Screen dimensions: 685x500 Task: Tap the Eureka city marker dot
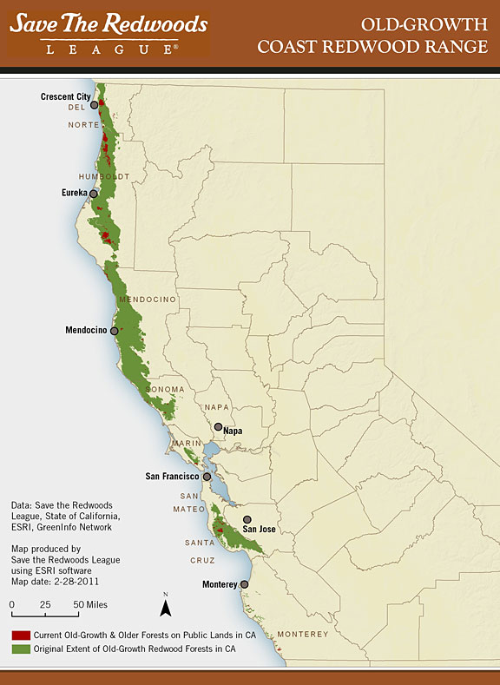[94, 193]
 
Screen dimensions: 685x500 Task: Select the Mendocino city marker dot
[114, 331]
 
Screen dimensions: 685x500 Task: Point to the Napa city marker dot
[218, 427]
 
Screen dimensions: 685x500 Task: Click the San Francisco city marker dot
[207, 477]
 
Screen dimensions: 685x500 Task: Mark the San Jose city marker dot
[247, 519]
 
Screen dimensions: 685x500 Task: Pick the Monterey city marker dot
[244, 584]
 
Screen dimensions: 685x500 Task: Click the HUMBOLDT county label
[103, 176]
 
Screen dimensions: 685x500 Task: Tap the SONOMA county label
[168, 389]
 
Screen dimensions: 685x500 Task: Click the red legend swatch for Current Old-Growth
[18, 635]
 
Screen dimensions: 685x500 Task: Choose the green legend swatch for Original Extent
[18, 648]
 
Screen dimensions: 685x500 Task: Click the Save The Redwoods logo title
[108, 23]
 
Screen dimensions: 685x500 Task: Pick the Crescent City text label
[66, 96]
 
